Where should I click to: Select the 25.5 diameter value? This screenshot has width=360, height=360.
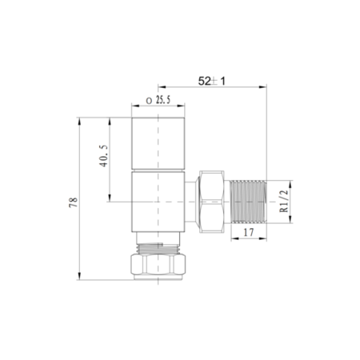tap(163, 101)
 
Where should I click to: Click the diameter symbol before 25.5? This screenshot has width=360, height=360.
tap(149, 101)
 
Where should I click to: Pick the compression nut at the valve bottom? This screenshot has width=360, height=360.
tap(158, 262)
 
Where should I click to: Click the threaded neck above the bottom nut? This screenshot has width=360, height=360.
tap(158, 242)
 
